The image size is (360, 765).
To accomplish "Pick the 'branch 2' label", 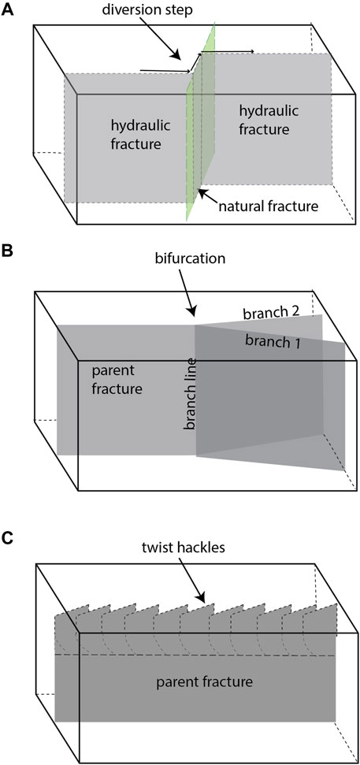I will point(270,311).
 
